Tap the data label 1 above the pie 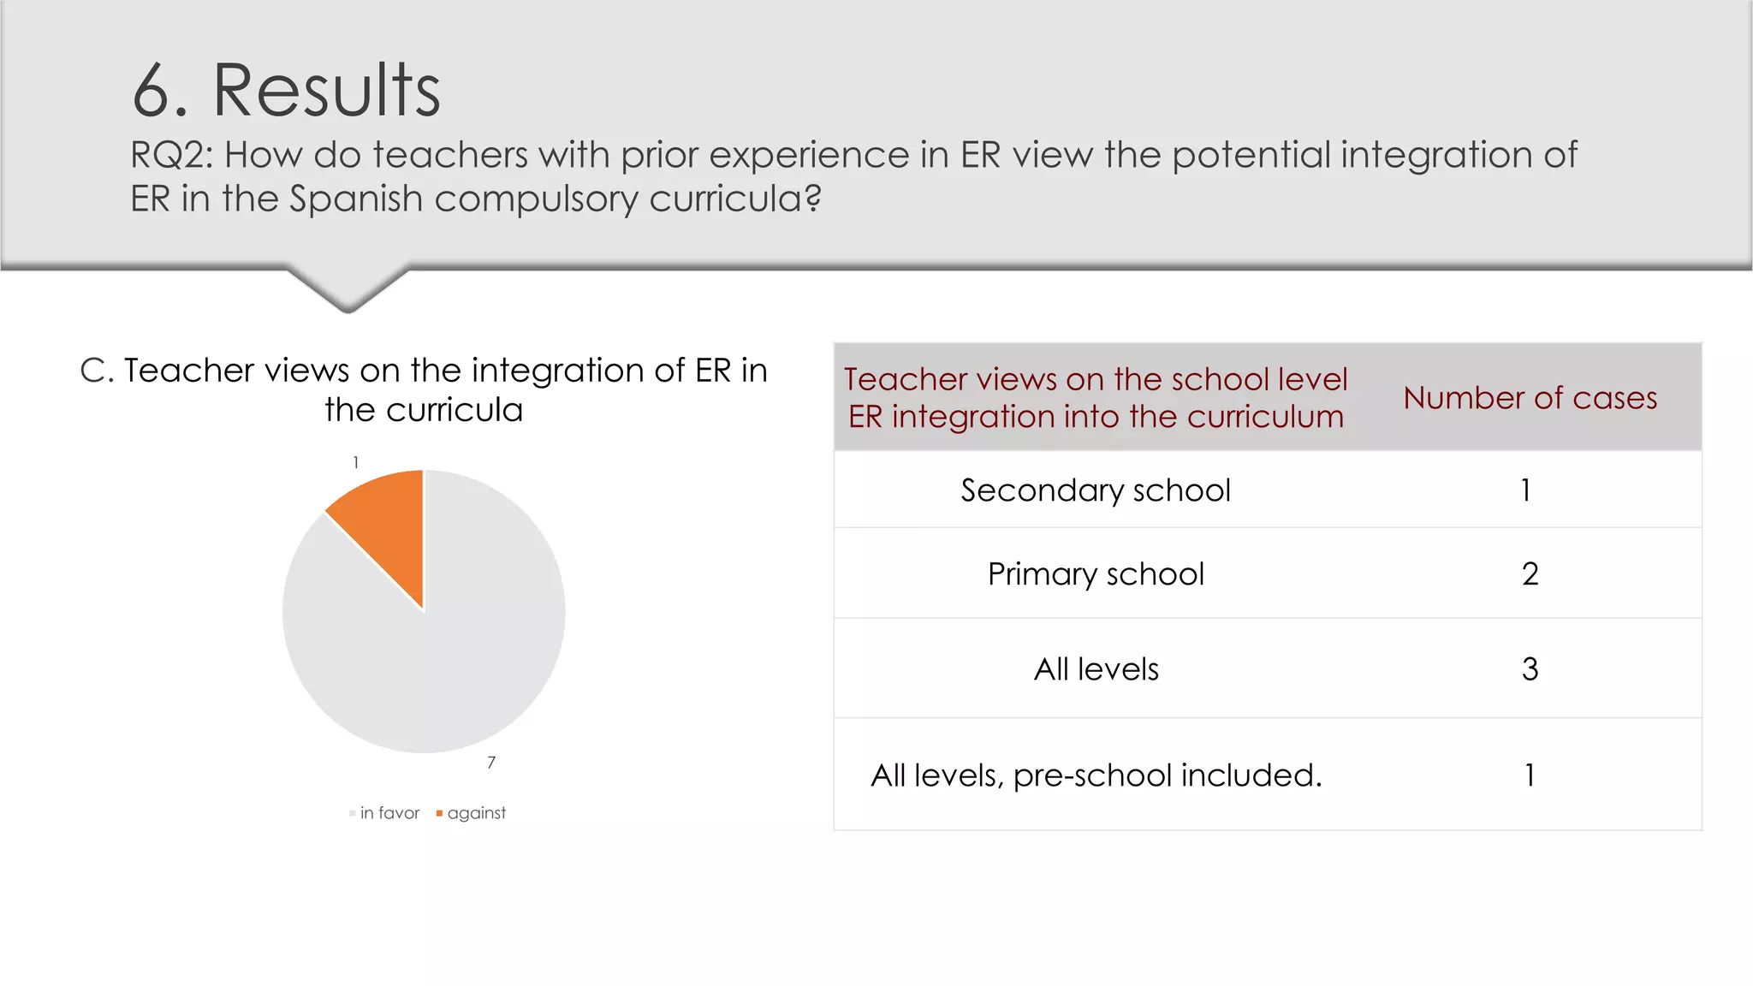pos(356,463)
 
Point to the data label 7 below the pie pos(491,763)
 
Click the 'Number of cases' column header pos(1530,398)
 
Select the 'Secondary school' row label pos(1096,490)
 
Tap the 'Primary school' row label pos(1096,574)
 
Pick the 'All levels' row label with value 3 pos(1096,669)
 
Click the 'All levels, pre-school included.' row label pos(1096,775)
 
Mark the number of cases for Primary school pos(1530,574)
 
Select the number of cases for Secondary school pos(1526,490)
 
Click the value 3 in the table pos(1530,669)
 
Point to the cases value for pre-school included pos(1530,775)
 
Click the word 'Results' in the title pos(326,91)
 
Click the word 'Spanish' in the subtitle pos(356,199)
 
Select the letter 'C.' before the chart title pos(97,371)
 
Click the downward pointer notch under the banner pos(348,291)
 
